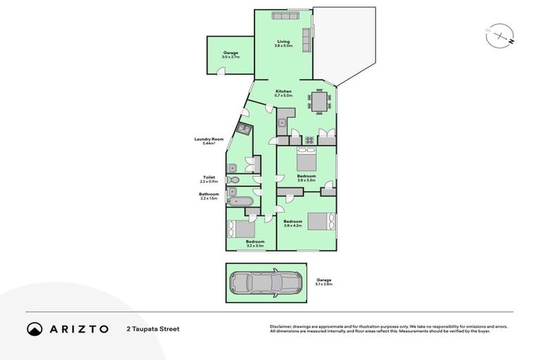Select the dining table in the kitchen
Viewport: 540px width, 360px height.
319,103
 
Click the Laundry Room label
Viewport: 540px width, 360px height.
208,141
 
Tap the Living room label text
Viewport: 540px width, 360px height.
283,43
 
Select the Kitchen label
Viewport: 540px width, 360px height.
283,94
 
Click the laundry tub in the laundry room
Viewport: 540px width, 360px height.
244,129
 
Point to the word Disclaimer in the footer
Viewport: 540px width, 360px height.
281,326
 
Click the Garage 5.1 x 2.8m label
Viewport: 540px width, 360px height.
323,282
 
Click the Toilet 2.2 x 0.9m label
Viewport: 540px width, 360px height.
209,179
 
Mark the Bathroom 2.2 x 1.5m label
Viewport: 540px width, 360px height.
209,196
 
